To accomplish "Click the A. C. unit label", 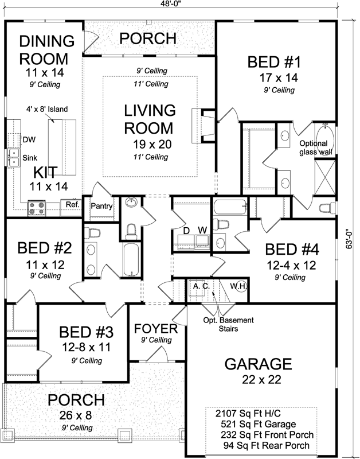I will coord(200,285).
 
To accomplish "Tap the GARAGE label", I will coord(258,364).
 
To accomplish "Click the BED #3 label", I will coord(87,332).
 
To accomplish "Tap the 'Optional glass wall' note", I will coord(313,147).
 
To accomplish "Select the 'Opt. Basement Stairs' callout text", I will coord(221,325).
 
